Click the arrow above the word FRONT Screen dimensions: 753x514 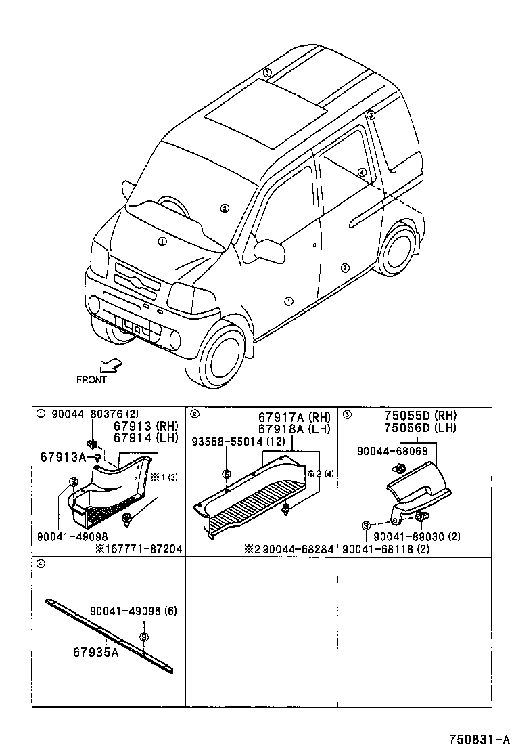pyautogui.click(x=110, y=365)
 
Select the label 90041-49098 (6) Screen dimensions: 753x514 pyautogui.click(x=133, y=610)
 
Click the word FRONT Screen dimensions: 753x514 pyautogui.click(x=91, y=380)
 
